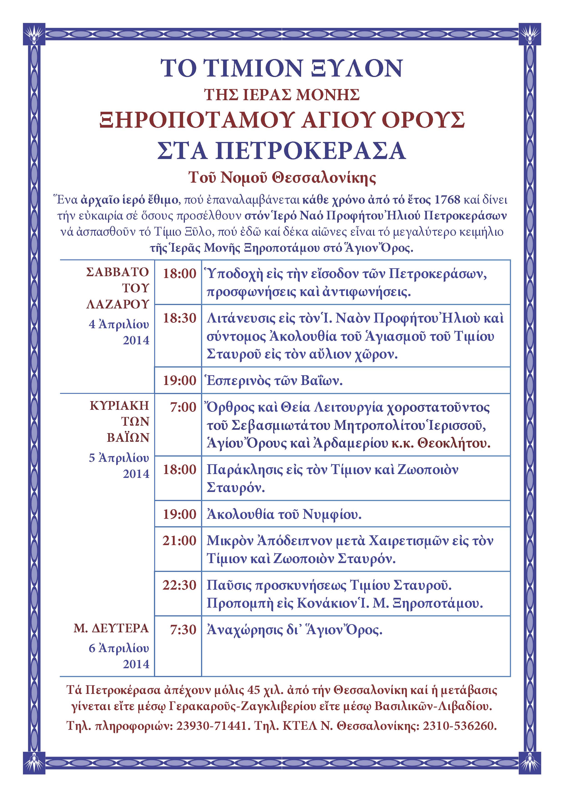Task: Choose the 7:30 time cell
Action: (x=183, y=630)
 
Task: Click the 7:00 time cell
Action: (x=183, y=407)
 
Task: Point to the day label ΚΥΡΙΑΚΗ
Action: (x=119, y=405)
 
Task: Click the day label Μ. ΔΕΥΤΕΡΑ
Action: (x=111, y=628)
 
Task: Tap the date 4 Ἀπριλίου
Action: (x=119, y=325)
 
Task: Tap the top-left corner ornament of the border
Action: (x=34, y=34)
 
